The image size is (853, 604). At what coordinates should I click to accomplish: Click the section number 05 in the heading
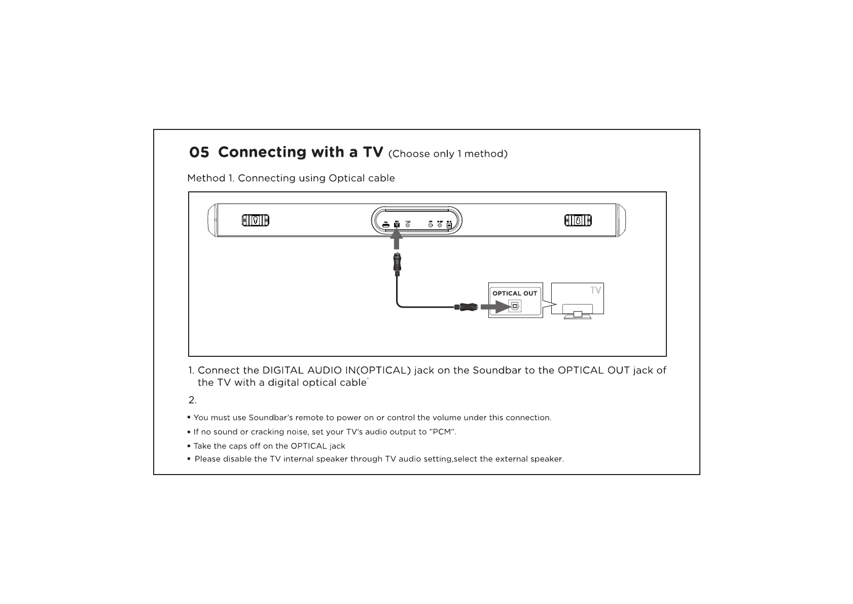click(199, 152)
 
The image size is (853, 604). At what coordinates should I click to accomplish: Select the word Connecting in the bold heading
click(262, 152)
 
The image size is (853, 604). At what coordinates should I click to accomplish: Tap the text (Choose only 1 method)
click(447, 154)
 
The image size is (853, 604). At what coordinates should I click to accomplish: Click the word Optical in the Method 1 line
click(346, 178)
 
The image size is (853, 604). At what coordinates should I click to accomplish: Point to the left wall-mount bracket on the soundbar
click(255, 220)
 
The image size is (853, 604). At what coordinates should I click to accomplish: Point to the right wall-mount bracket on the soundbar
click(578, 220)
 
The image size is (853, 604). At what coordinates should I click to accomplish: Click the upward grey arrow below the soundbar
click(397, 240)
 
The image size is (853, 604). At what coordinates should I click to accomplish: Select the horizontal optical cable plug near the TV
click(466, 307)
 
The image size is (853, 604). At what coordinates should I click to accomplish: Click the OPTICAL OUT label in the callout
click(515, 293)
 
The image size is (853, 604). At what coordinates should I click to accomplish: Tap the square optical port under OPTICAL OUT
click(515, 307)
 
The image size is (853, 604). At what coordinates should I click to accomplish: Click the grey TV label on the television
click(595, 290)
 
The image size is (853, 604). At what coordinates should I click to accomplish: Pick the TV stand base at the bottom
click(577, 316)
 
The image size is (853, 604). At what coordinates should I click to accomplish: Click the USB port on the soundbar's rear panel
click(386, 224)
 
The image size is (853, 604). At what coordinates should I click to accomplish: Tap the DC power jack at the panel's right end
click(449, 224)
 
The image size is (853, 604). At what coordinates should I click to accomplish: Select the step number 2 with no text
click(192, 400)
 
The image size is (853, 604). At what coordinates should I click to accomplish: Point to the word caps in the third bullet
click(239, 446)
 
